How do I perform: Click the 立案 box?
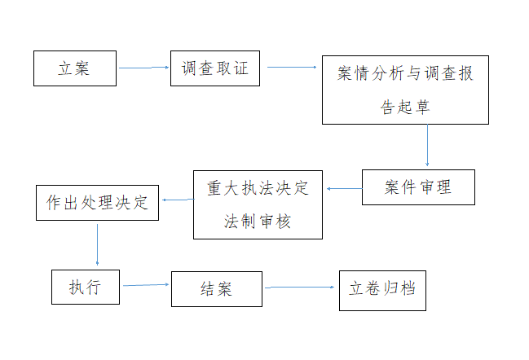[x=75, y=68]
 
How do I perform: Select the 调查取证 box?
[x=215, y=68]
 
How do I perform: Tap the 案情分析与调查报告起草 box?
[x=405, y=90]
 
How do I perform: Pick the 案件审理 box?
[x=418, y=187]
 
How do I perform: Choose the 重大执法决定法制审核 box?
[x=258, y=205]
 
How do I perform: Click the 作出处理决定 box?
[x=97, y=203]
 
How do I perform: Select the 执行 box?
[x=86, y=288]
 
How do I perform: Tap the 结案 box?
[x=217, y=289]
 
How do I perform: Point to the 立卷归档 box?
[x=382, y=291]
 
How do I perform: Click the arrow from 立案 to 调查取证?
[x=143, y=68]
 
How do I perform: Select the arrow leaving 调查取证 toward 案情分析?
[x=292, y=68]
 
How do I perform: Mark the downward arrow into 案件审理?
[x=427, y=145]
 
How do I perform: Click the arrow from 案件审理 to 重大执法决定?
[x=345, y=189]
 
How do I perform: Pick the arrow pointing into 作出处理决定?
[x=179, y=200]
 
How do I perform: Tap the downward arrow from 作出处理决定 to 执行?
[x=98, y=244]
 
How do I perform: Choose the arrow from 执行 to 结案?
[x=146, y=285]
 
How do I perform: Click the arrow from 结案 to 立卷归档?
[x=300, y=288]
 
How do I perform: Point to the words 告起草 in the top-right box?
[x=405, y=108]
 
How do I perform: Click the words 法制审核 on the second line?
[x=258, y=222]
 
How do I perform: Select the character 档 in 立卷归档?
[x=408, y=288]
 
